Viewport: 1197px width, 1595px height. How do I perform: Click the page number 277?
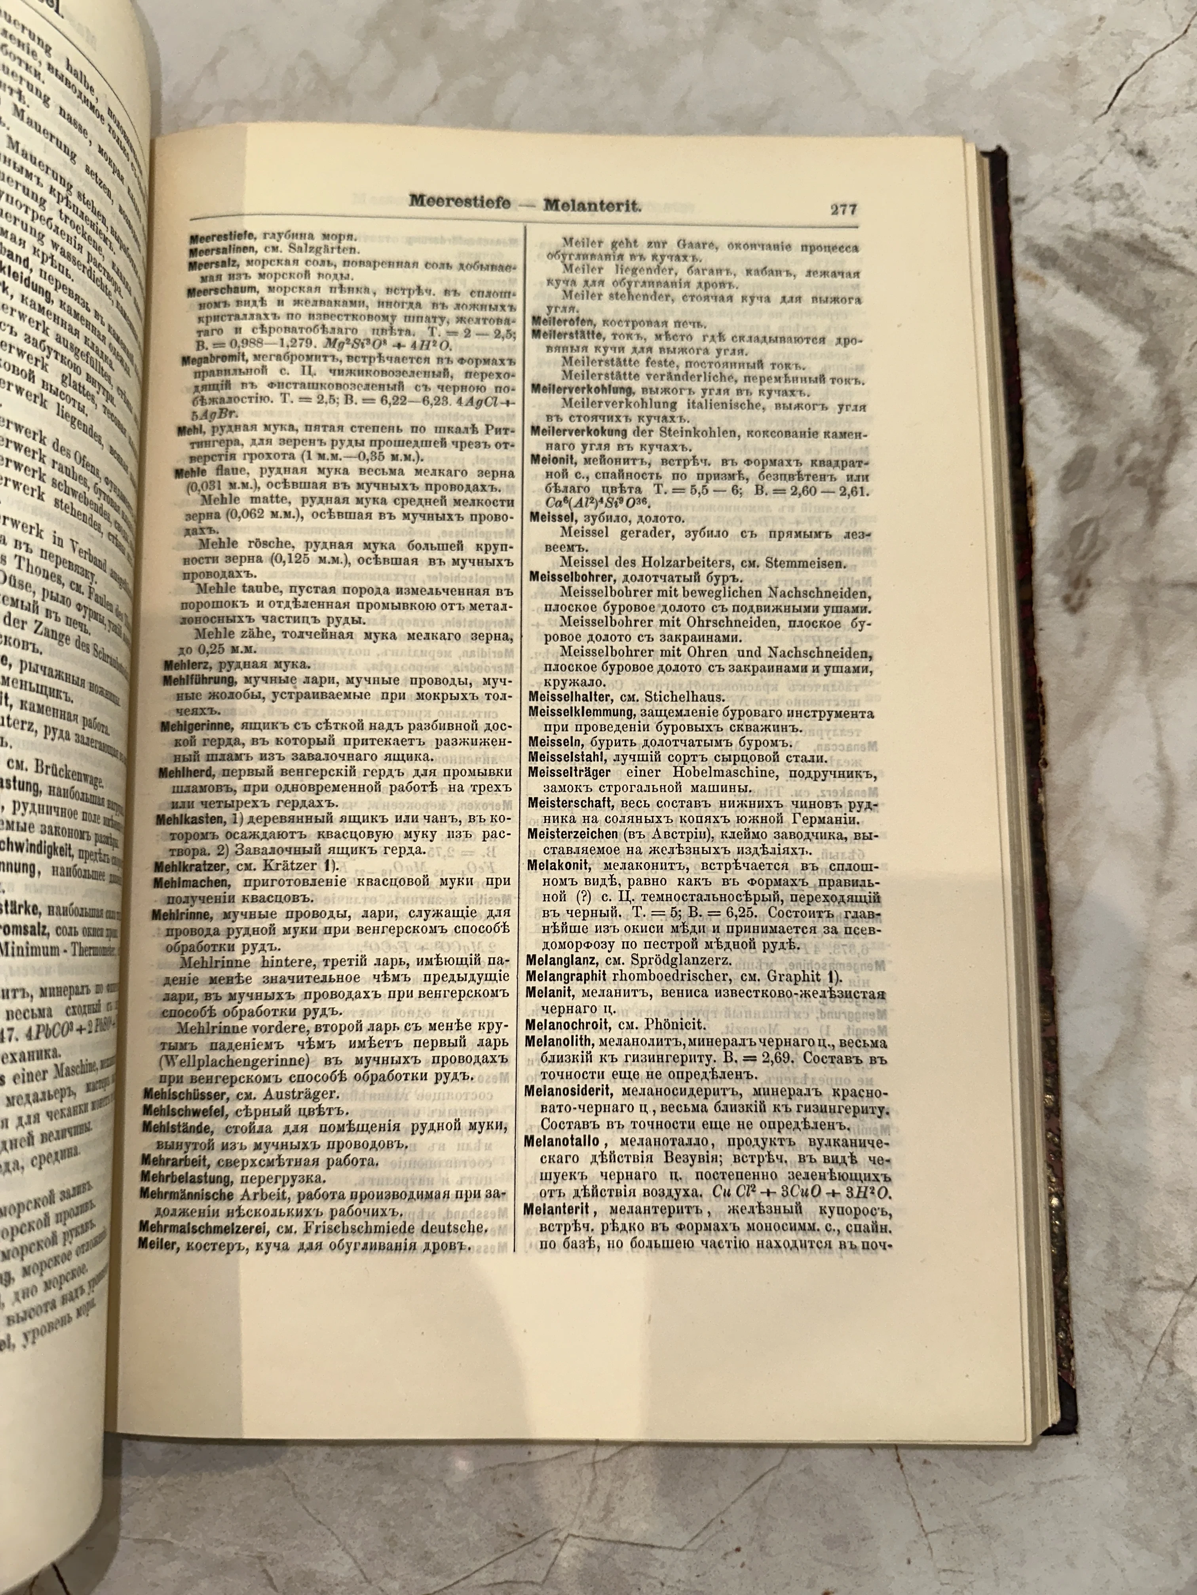843,209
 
